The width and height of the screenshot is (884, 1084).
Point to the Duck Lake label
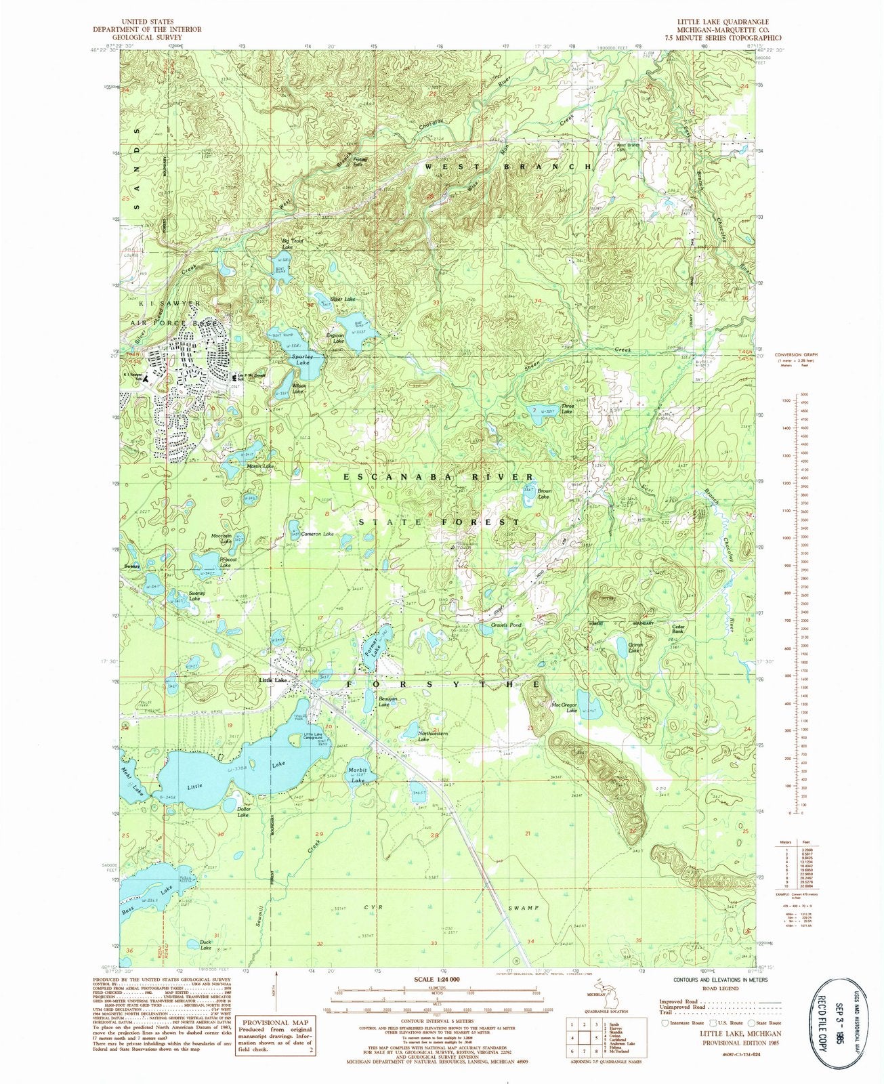pos(206,945)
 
